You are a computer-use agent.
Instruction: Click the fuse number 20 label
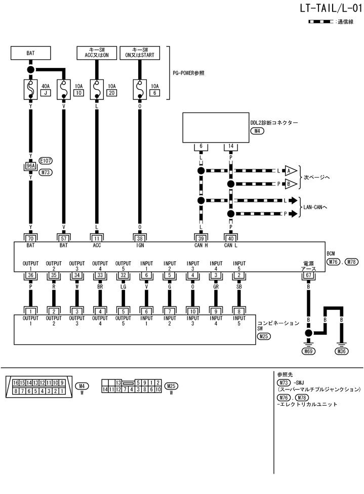[x=111, y=93]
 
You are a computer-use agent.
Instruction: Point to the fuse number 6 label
[x=155, y=93]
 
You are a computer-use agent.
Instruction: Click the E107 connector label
[x=46, y=161]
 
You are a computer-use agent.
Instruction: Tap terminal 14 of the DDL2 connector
[x=231, y=147]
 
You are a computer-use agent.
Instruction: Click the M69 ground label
[x=307, y=351]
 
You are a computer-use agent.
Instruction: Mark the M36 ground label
[x=342, y=351]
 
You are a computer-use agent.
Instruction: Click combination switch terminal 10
[x=193, y=311]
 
